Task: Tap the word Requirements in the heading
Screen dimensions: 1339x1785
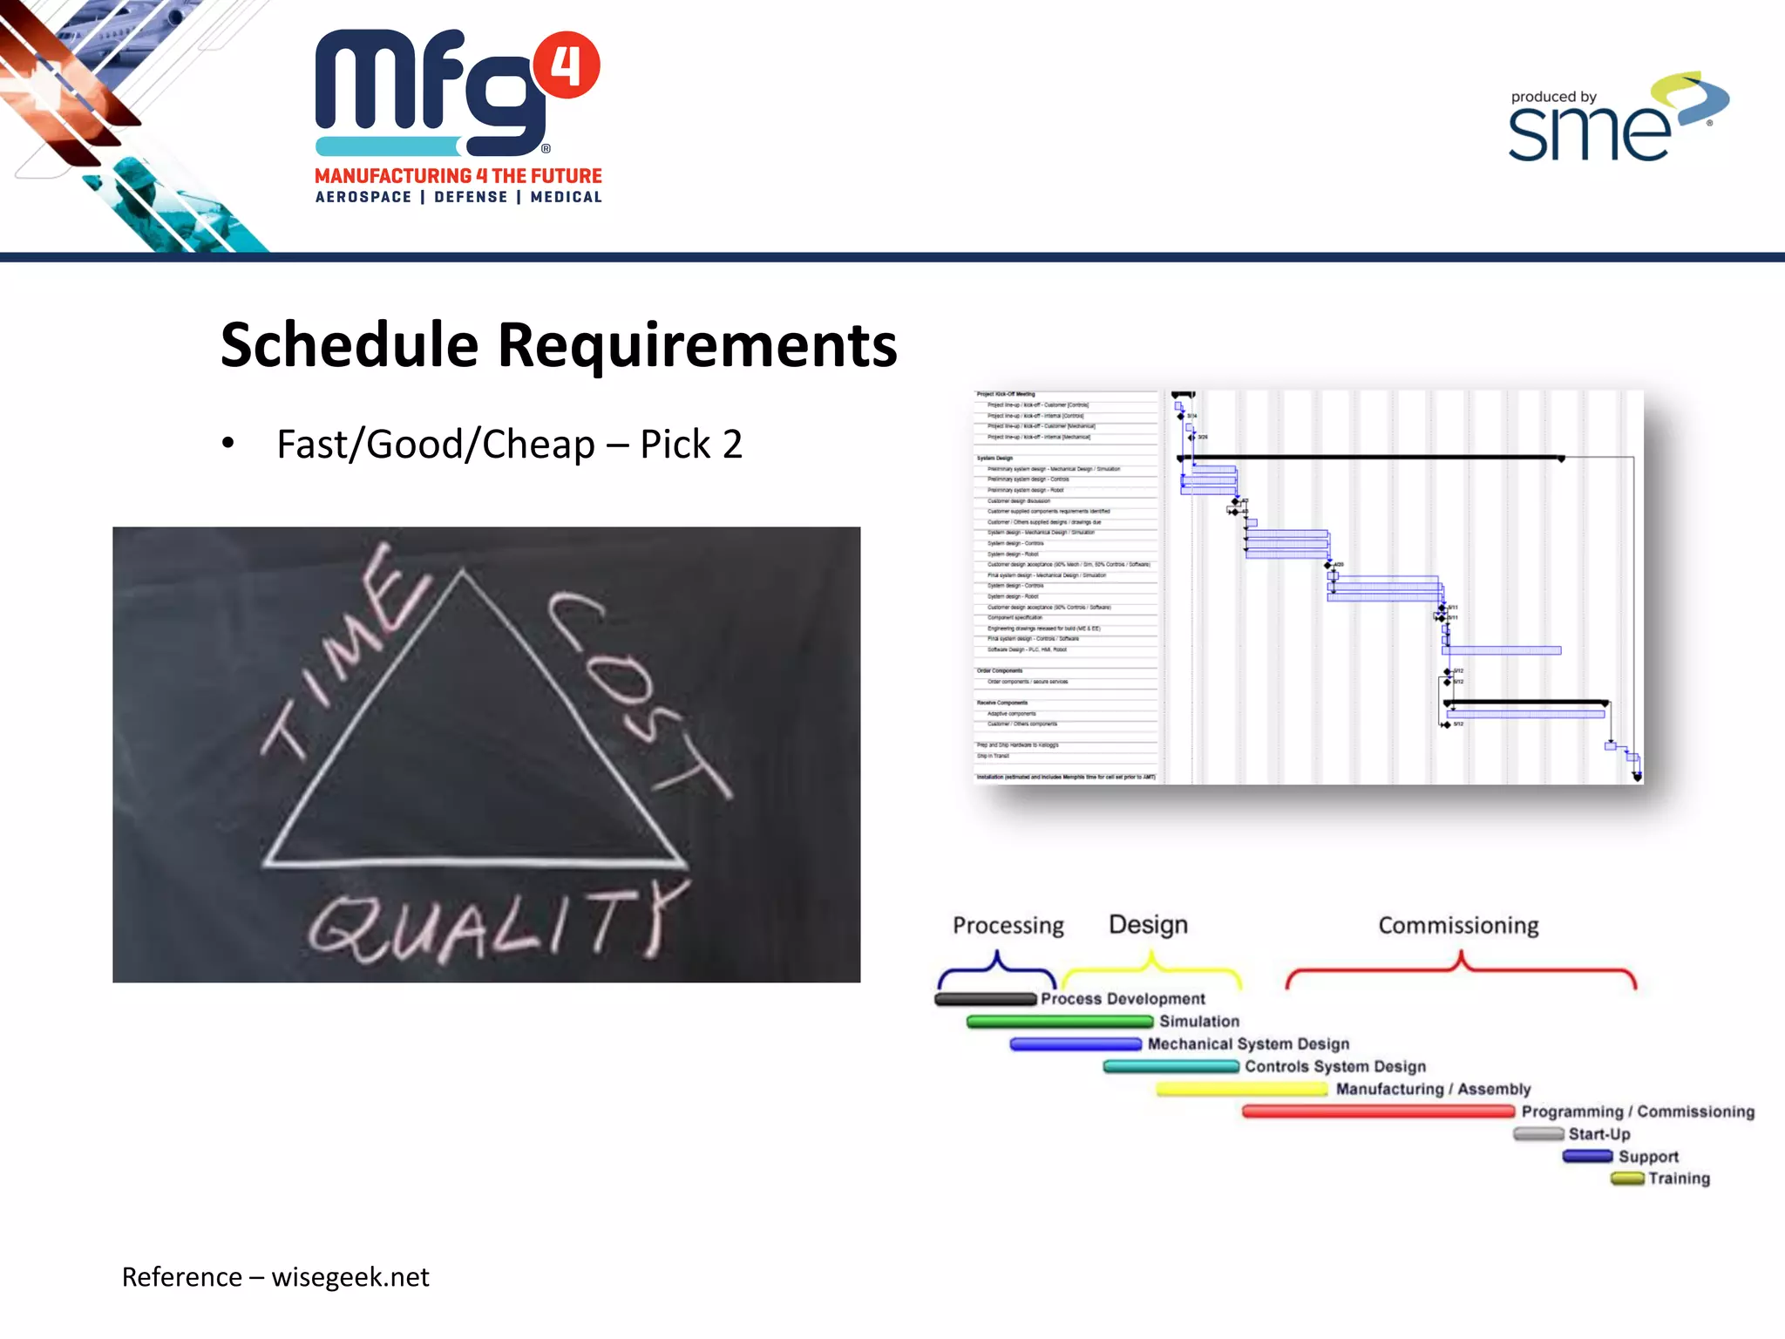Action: tap(697, 345)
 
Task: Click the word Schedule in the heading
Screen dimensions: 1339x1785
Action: tap(350, 345)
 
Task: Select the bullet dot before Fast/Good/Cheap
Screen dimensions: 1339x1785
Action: tap(228, 443)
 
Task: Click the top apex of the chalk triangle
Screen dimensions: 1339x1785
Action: tap(463, 571)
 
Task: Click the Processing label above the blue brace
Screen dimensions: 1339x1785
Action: tap(1008, 925)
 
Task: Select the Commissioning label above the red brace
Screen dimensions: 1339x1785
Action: tap(1458, 925)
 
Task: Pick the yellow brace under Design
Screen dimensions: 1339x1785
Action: tap(1151, 968)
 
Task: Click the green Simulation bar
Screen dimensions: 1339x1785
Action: tap(1059, 1022)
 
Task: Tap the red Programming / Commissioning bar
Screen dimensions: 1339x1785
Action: tap(1377, 1111)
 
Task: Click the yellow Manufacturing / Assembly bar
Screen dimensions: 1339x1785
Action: tap(1241, 1089)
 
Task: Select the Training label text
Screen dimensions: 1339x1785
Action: tap(1679, 1179)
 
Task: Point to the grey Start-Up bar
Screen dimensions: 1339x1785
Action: tap(1538, 1134)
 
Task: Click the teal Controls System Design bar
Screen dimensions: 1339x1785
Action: tap(1171, 1066)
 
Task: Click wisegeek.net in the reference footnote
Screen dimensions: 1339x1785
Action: tap(350, 1277)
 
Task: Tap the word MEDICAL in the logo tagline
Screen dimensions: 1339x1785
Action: tap(566, 197)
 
